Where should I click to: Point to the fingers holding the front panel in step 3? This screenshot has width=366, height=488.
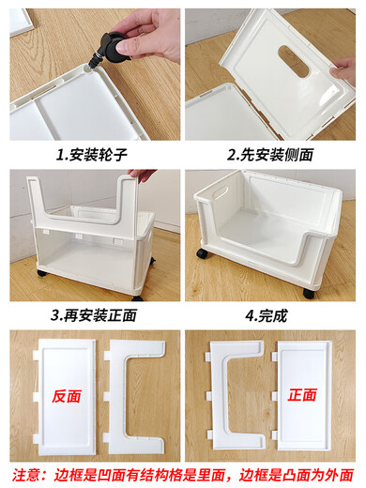141,175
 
